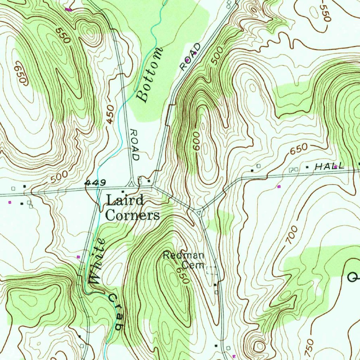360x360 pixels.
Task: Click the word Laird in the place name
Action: tap(125, 201)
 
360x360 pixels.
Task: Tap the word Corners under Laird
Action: tap(133, 215)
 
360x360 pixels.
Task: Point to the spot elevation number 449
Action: tap(95, 183)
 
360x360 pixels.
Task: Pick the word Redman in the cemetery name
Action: tap(184, 256)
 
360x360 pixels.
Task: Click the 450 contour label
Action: tap(110, 115)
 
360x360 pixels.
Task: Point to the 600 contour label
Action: tap(196, 141)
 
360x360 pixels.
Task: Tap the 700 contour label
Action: tap(291, 235)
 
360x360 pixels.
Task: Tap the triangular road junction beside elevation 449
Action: tap(131, 184)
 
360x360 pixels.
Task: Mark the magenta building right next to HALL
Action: tap(336, 167)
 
